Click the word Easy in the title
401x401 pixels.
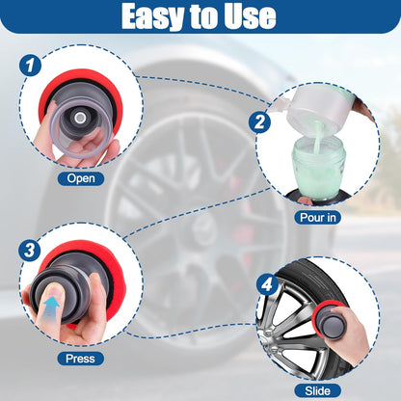click(x=153, y=15)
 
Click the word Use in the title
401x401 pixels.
click(x=250, y=15)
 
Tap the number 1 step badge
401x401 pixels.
click(x=30, y=66)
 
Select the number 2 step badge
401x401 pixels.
click(x=259, y=122)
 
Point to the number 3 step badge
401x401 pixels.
click(x=30, y=250)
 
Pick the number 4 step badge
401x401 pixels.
click(x=267, y=283)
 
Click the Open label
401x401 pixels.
click(x=81, y=178)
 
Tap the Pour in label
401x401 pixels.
click(x=318, y=218)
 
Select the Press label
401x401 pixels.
click(x=80, y=359)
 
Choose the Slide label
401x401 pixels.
click(x=317, y=390)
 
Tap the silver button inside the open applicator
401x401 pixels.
click(x=80, y=119)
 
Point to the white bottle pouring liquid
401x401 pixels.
click(x=318, y=108)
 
